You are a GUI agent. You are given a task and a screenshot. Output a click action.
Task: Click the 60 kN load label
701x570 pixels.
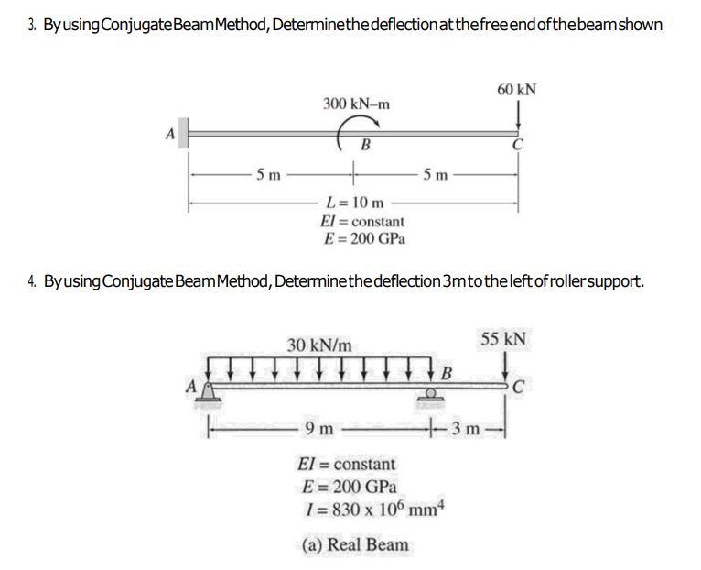[x=517, y=90]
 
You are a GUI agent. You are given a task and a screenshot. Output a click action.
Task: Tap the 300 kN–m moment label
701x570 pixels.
[x=356, y=103]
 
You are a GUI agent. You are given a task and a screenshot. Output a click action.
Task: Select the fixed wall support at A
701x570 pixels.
[x=183, y=133]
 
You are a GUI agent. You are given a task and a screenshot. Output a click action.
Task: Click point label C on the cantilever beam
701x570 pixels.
[x=518, y=145]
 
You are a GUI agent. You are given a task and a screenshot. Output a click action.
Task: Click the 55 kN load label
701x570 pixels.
[x=502, y=339]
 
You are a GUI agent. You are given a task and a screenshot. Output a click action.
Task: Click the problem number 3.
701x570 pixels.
[x=33, y=23]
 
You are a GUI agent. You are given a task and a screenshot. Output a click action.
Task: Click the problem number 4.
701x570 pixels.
[x=33, y=279]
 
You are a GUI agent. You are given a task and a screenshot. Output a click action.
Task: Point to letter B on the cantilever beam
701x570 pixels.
[x=365, y=144]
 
